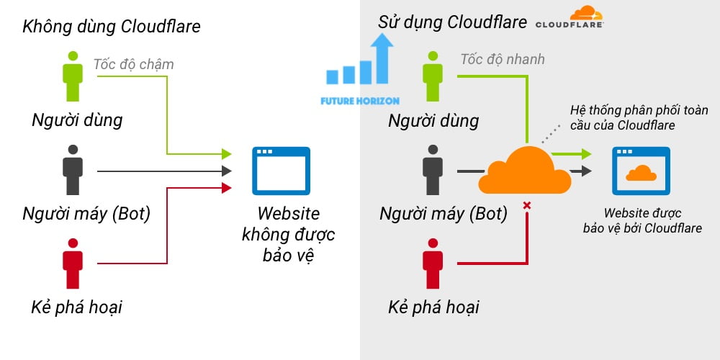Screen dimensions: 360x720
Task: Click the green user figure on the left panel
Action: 73,76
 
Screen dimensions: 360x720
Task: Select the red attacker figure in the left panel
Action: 73,263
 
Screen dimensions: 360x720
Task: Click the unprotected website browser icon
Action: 281,171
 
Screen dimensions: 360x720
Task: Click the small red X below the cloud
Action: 527,206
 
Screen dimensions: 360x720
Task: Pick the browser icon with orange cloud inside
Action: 641,171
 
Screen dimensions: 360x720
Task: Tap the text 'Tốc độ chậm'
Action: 133,64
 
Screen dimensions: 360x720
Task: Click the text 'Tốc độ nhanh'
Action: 503,59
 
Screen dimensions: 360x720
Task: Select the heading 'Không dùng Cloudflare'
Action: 112,27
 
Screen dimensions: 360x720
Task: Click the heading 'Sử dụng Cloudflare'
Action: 452,22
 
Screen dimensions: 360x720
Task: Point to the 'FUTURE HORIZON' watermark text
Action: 360,101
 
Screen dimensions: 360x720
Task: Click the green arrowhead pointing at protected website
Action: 586,154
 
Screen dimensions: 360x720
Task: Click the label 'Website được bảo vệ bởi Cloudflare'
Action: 642,220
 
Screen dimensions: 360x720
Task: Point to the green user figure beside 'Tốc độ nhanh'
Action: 433,76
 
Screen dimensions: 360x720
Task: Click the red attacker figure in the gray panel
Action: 433,263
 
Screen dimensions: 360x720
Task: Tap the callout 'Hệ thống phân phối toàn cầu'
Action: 639,117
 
